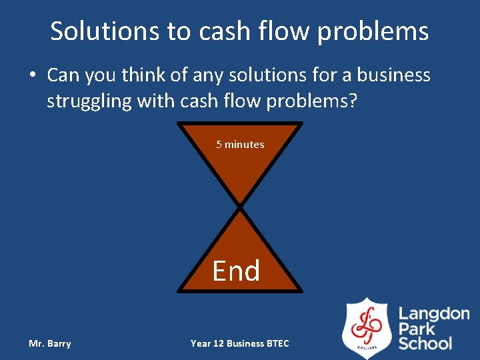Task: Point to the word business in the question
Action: (x=393, y=75)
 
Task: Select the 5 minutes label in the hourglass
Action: (x=240, y=144)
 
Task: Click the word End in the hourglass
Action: (x=236, y=271)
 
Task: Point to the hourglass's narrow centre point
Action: (x=240, y=206)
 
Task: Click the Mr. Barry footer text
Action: (x=49, y=343)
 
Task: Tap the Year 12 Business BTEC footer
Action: (x=240, y=343)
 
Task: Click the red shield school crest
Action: (x=367, y=329)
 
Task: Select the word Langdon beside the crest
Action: (x=434, y=314)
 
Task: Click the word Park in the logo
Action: (x=417, y=329)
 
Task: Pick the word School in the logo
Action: (x=425, y=343)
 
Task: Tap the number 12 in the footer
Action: (x=218, y=343)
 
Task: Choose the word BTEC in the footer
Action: (x=277, y=343)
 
